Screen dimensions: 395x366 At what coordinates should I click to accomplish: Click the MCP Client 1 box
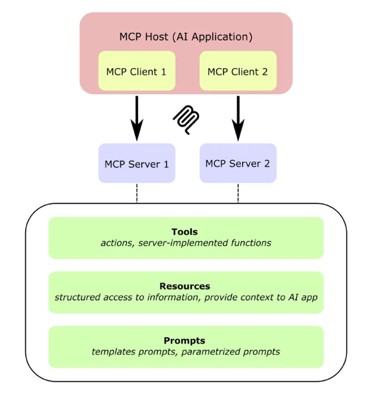pyautogui.click(x=136, y=71)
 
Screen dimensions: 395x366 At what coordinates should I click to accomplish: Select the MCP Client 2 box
pyautogui.click(x=238, y=71)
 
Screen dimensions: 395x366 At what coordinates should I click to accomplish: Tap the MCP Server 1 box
pyautogui.click(x=136, y=163)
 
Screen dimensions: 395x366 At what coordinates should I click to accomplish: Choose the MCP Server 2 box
pyautogui.click(x=238, y=163)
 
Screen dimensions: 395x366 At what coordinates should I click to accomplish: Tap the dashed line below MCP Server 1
pyautogui.click(x=137, y=193)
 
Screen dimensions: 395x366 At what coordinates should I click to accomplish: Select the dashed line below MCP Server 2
pyautogui.click(x=238, y=193)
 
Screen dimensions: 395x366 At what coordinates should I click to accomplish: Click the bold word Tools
pyautogui.click(x=185, y=232)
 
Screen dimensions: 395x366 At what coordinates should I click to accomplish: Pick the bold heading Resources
pyautogui.click(x=185, y=286)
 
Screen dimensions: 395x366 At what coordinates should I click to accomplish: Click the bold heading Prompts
pyautogui.click(x=184, y=340)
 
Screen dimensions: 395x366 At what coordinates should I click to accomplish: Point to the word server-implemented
pyautogui.click(x=183, y=243)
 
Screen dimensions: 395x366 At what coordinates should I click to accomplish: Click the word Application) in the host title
pyautogui.click(x=222, y=37)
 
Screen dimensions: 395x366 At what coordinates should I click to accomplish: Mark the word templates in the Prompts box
pyautogui.click(x=114, y=352)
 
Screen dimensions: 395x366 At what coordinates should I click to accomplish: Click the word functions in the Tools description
pyautogui.click(x=251, y=243)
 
